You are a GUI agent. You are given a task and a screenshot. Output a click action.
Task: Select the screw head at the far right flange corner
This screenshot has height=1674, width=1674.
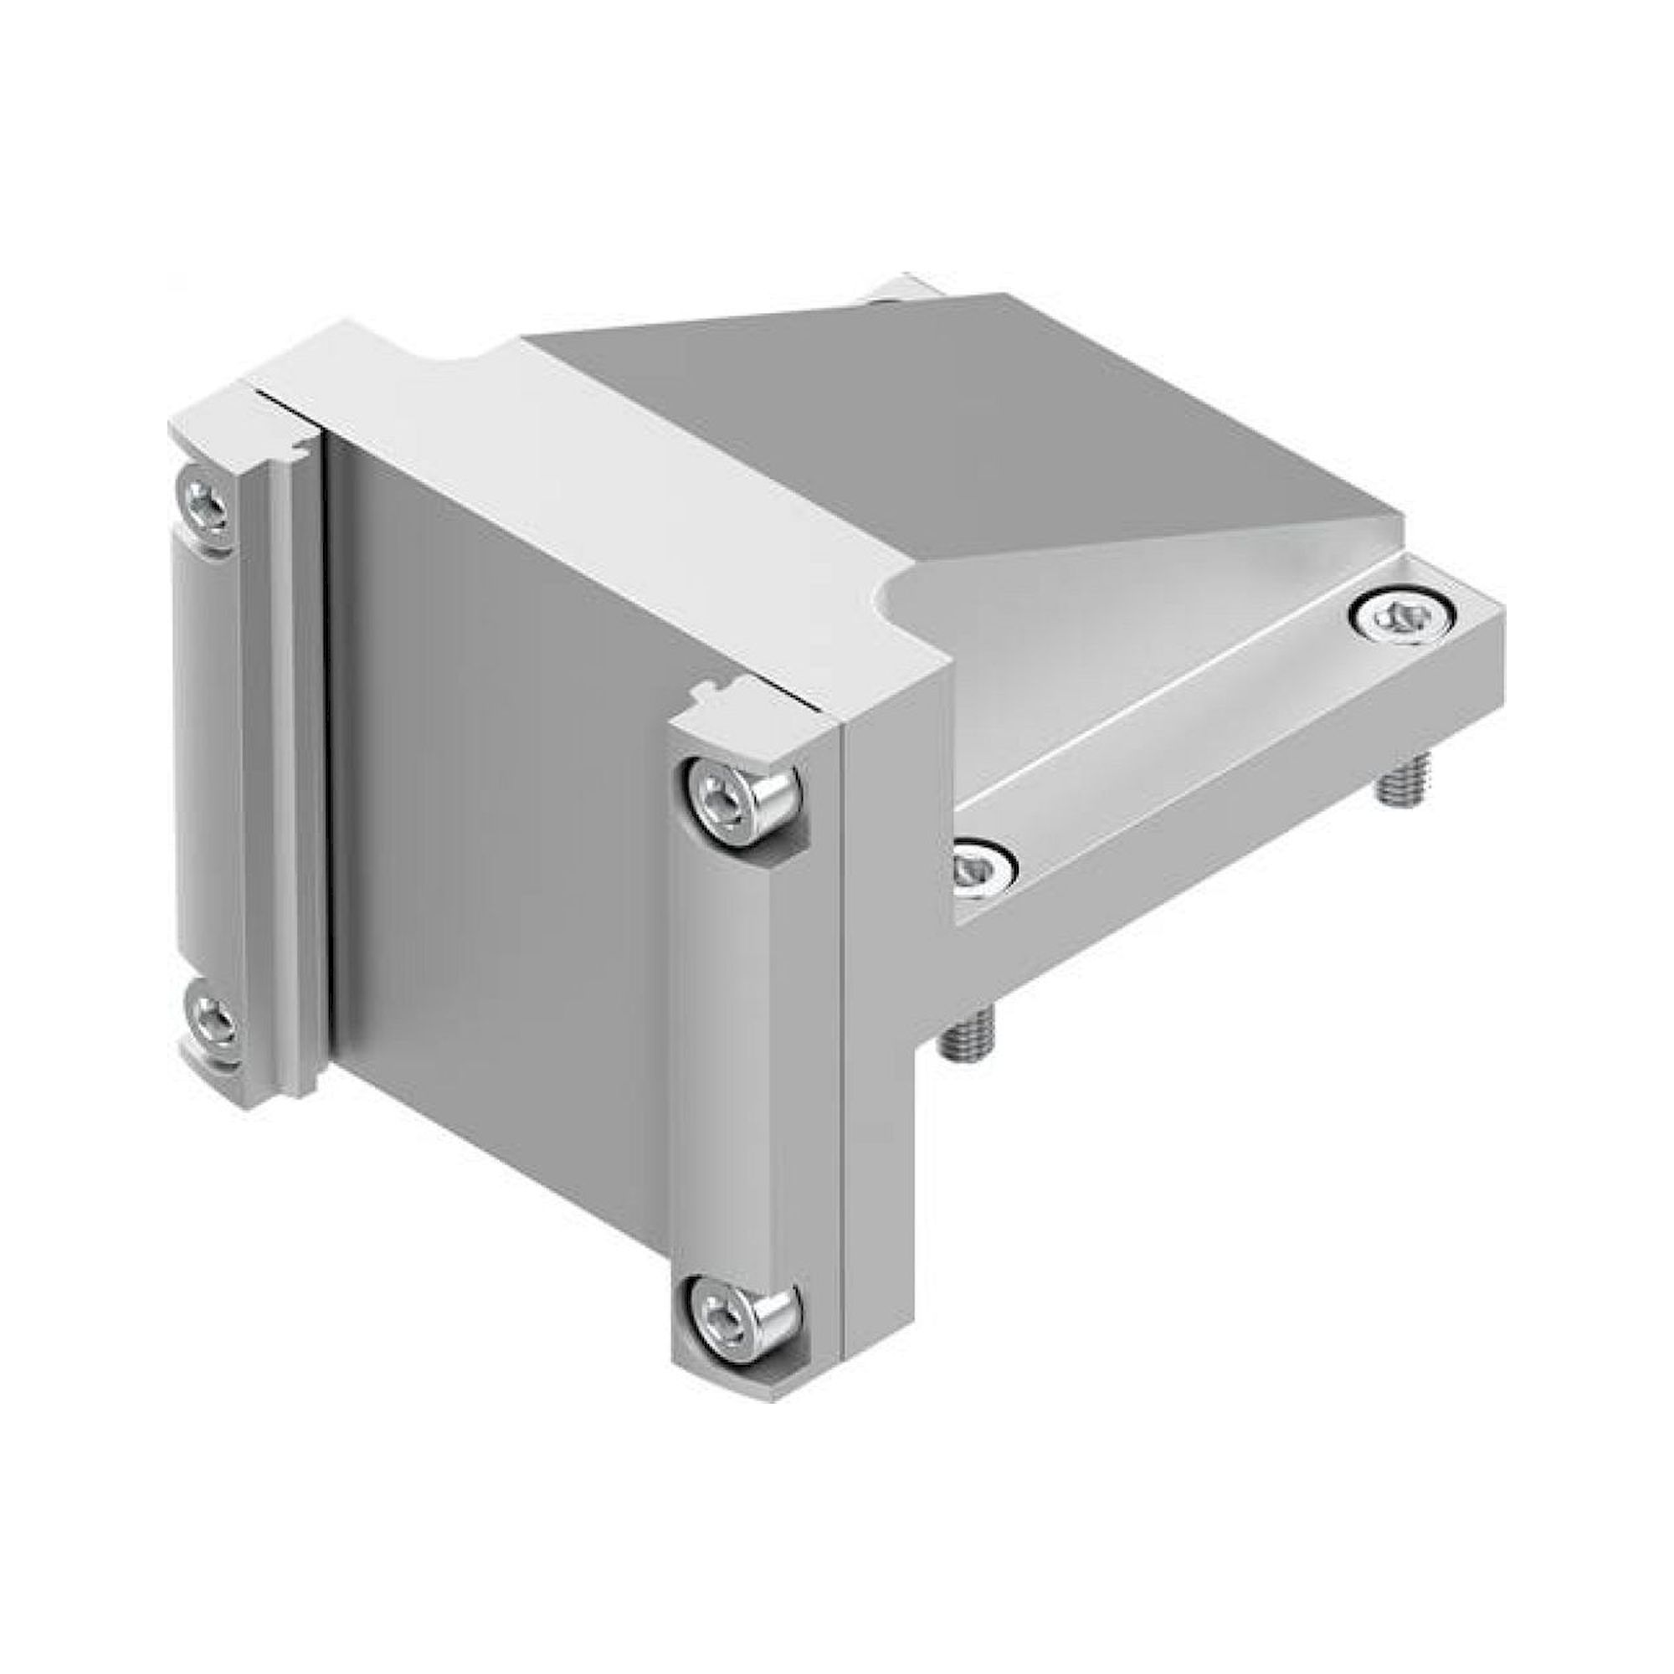click(1397, 618)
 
